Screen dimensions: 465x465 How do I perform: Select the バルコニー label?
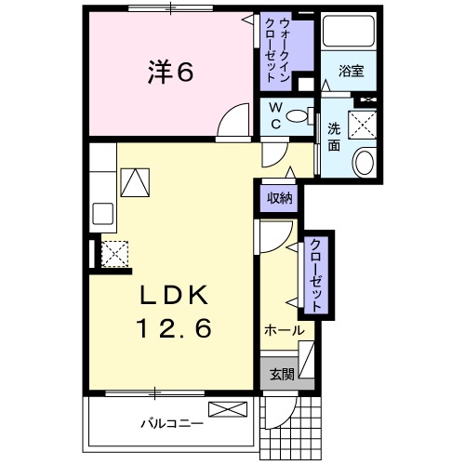(x=173, y=424)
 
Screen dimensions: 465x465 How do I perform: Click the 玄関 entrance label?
(x=282, y=375)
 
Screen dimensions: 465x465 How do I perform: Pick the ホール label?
(x=285, y=330)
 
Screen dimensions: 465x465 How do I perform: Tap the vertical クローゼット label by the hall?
(x=317, y=276)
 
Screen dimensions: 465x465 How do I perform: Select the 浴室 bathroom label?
(x=351, y=70)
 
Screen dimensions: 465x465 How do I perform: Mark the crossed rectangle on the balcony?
(x=230, y=409)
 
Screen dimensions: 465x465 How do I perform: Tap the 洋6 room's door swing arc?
(x=236, y=122)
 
